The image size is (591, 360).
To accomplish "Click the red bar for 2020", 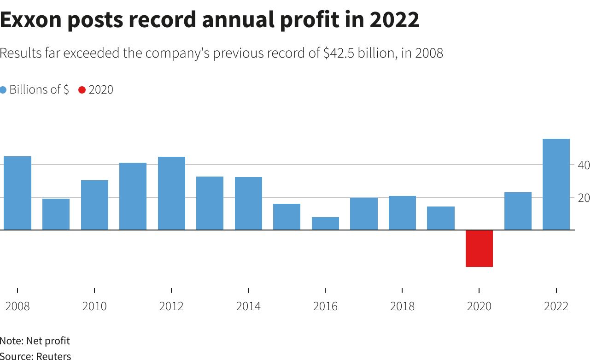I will (x=479, y=248).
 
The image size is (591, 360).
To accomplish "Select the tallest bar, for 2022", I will (x=556, y=184).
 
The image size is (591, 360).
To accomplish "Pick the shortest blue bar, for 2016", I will (x=325, y=223).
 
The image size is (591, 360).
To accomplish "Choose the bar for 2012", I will (x=171, y=193).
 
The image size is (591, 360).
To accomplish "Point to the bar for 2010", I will (x=94, y=205).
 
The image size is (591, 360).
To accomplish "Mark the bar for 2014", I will (x=248, y=203).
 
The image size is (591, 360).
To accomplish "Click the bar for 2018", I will (x=402, y=212).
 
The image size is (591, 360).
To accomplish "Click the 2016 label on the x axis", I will (x=325, y=306).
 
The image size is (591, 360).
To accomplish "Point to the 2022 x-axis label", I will (x=556, y=306).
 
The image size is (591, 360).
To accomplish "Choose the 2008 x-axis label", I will (x=18, y=306).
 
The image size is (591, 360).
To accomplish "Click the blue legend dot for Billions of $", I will (x=3, y=90).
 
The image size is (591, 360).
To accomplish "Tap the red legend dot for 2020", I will (x=82, y=90).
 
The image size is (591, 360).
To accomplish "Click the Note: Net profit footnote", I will (x=35, y=341).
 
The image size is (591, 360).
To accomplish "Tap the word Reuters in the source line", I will (x=53, y=356).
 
